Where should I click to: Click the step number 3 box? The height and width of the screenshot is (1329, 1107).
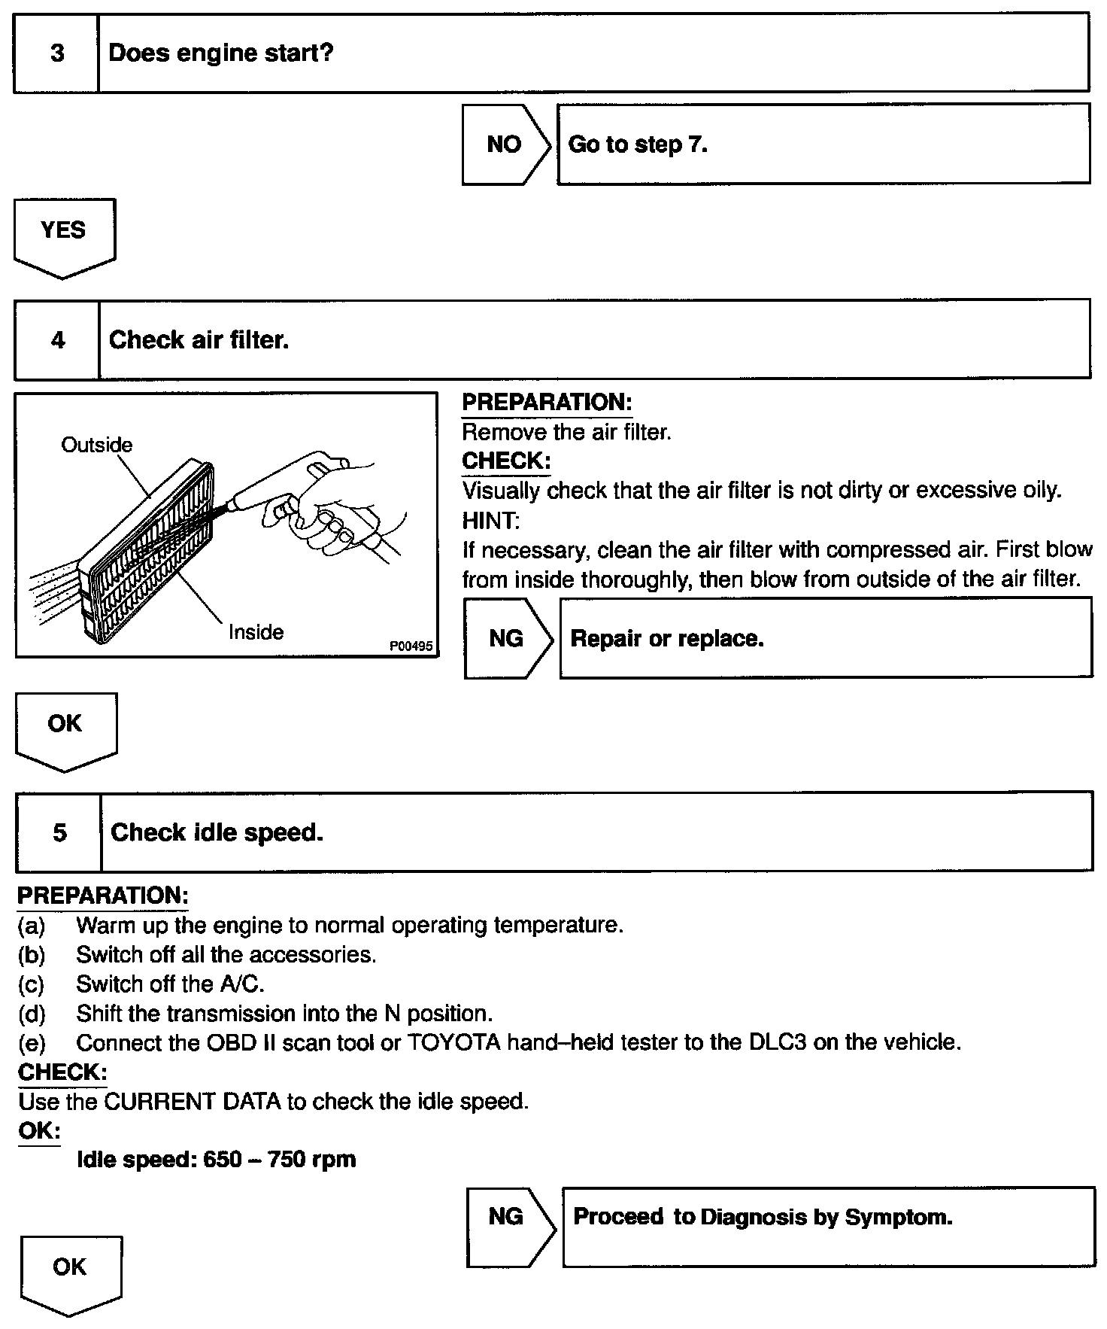click(x=57, y=53)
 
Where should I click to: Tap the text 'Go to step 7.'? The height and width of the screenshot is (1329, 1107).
click(x=638, y=144)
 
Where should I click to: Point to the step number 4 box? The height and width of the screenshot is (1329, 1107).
click(x=58, y=340)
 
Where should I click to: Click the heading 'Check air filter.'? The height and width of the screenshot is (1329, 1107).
click(x=199, y=340)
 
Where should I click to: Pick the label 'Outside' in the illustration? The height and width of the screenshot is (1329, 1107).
click(x=96, y=445)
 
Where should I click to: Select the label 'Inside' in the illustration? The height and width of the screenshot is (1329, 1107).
click(x=256, y=632)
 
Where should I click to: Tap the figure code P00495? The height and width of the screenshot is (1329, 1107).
click(x=411, y=646)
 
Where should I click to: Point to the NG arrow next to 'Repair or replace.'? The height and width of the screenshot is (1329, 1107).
click(x=506, y=639)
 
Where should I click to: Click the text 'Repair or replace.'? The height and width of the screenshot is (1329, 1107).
click(x=667, y=639)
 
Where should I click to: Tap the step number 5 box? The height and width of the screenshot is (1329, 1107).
click(x=59, y=832)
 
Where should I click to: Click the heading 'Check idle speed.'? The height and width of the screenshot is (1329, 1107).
click(x=217, y=832)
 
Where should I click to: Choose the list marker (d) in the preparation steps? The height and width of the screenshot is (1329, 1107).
click(x=32, y=1014)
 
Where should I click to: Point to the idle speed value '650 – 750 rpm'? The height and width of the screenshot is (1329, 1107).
click(x=280, y=1159)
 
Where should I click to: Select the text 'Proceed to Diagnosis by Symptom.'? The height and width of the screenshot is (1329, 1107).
click(x=763, y=1217)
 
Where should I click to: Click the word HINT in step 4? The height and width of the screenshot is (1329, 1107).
click(x=490, y=520)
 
